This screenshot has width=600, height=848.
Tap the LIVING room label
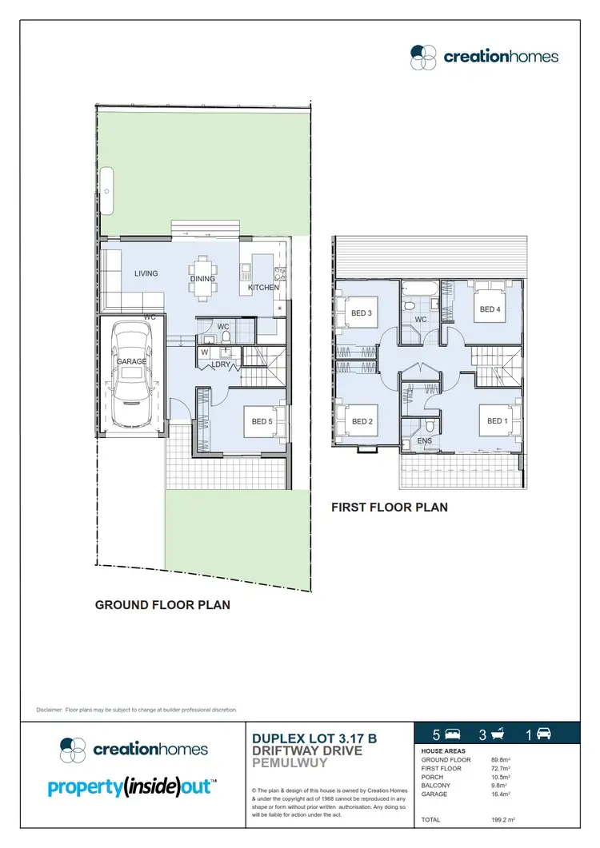click(x=146, y=273)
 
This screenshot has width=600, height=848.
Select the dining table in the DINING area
click(x=202, y=278)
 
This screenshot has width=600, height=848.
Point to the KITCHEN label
click(x=263, y=288)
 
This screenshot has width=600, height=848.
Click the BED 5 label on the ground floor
click(x=262, y=421)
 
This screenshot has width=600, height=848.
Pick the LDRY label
click(x=221, y=364)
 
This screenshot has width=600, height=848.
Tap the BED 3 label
click(x=362, y=313)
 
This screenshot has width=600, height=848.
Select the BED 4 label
click(x=490, y=309)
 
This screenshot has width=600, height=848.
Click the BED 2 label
click(x=362, y=421)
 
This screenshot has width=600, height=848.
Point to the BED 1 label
click(x=497, y=420)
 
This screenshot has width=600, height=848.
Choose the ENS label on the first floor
click(x=424, y=440)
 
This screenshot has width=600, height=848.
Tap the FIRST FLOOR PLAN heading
click(x=390, y=507)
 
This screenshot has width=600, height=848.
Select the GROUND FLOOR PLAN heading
click(x=162, y=605)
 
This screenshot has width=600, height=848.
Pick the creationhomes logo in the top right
click(x=484, y=56)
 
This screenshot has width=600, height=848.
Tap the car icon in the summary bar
click(x=544, y=734)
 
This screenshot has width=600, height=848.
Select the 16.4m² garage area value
click(x=501, y=795)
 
